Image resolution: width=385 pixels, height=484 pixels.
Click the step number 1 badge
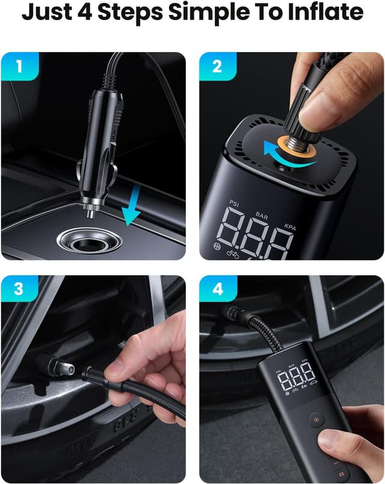point(19,66)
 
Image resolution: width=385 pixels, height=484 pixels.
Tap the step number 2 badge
point(217,66)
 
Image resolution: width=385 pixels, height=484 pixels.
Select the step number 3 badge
point(19,289)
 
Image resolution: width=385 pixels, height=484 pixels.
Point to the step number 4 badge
point(217,289)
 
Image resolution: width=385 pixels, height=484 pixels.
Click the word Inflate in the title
point(327,13)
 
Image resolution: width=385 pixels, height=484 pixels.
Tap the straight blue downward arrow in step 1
point(131,205)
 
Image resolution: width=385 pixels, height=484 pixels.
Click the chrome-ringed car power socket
point(90,239)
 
